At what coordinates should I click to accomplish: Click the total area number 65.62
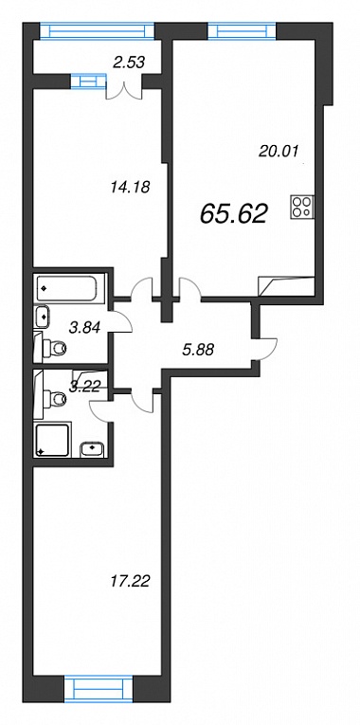(x=234, y=214)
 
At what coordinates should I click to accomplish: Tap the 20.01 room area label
(x=280, y=151)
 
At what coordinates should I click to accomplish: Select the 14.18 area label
(x=131, y=188)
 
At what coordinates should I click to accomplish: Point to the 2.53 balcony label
(x=130, y=62)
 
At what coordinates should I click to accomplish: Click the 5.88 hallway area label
(x=198, y=351)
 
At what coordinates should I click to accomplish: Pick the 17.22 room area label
(x=131, y=581)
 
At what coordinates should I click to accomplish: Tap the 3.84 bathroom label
(x=84, y=327)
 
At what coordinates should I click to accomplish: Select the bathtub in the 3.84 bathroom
(x=70, y=288)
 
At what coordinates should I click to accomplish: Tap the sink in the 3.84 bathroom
(x=43, y=317)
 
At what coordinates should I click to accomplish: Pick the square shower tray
(x=53, y=439)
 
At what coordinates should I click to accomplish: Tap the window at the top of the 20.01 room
(x=242, y=31)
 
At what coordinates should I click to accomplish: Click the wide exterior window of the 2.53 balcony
(x=97, y=31)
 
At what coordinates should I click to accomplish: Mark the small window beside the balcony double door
(x=89, y=82)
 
